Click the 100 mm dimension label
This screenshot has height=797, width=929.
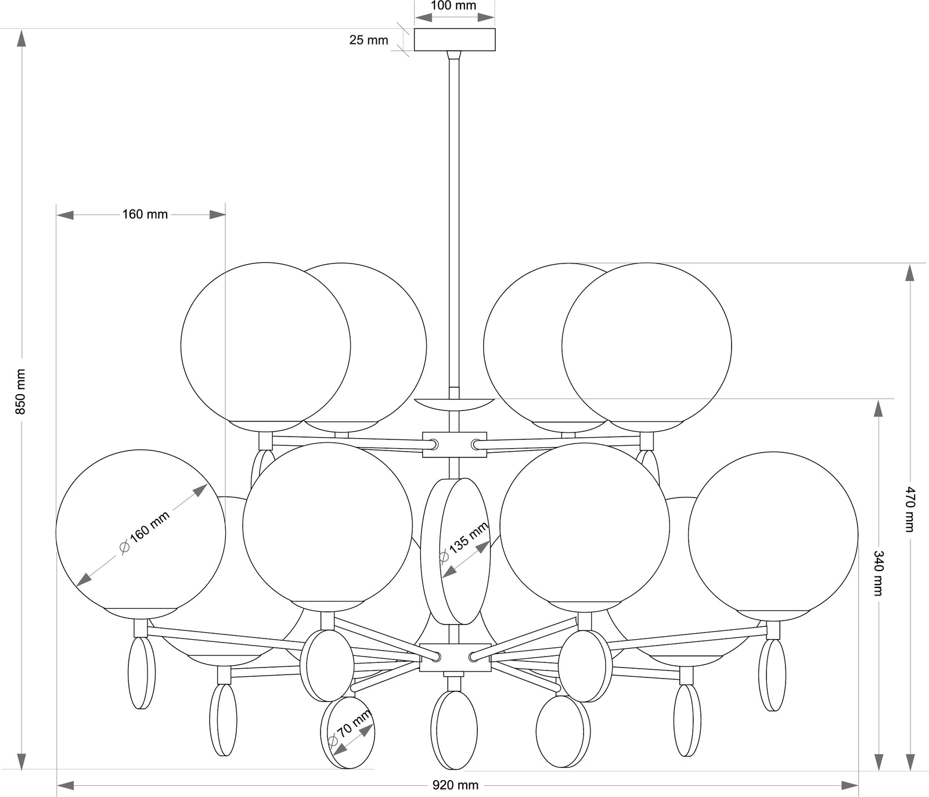tap(453, 6)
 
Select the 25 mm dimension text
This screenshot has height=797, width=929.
tap(369, 40)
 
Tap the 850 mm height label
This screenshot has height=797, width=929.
tap(21, 392)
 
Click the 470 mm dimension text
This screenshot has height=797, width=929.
tap(909, 509)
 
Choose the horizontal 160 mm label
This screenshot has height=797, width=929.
tap(145, 214)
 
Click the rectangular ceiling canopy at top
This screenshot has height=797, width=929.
tap(454, 39)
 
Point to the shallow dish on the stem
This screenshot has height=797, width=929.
tap(454, 403)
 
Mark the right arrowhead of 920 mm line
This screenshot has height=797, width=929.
tap(850, 785)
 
